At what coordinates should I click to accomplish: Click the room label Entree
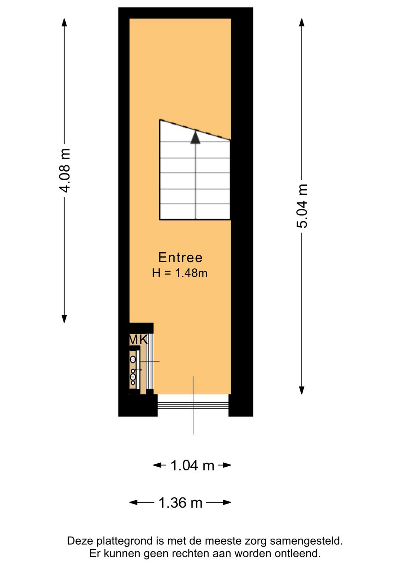click(x=180, y=257)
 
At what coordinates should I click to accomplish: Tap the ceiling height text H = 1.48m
click(x=180, y=273)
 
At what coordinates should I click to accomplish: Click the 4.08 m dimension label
click(x=65, y=171)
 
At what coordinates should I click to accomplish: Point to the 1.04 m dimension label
click(x=192, y=465)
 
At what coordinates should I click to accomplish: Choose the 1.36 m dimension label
click(x=180, y=503)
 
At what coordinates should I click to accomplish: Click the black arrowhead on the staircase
click(x=195, y=137)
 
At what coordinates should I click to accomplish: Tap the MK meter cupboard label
click(x=138, y=340)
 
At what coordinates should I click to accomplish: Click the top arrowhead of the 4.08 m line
click(x=65, y=22)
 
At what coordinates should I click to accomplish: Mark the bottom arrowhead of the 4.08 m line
click(x=65, y=318)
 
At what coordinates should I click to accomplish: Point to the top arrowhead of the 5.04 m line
click(x=302, y=22)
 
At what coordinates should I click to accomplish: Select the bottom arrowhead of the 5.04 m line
click(x=302, y=390)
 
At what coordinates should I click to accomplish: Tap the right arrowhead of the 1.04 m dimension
click(x=227, y=465)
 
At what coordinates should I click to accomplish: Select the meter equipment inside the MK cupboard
click(x=133, y=370)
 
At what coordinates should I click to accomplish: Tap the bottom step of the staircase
click(x=195, y=212)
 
